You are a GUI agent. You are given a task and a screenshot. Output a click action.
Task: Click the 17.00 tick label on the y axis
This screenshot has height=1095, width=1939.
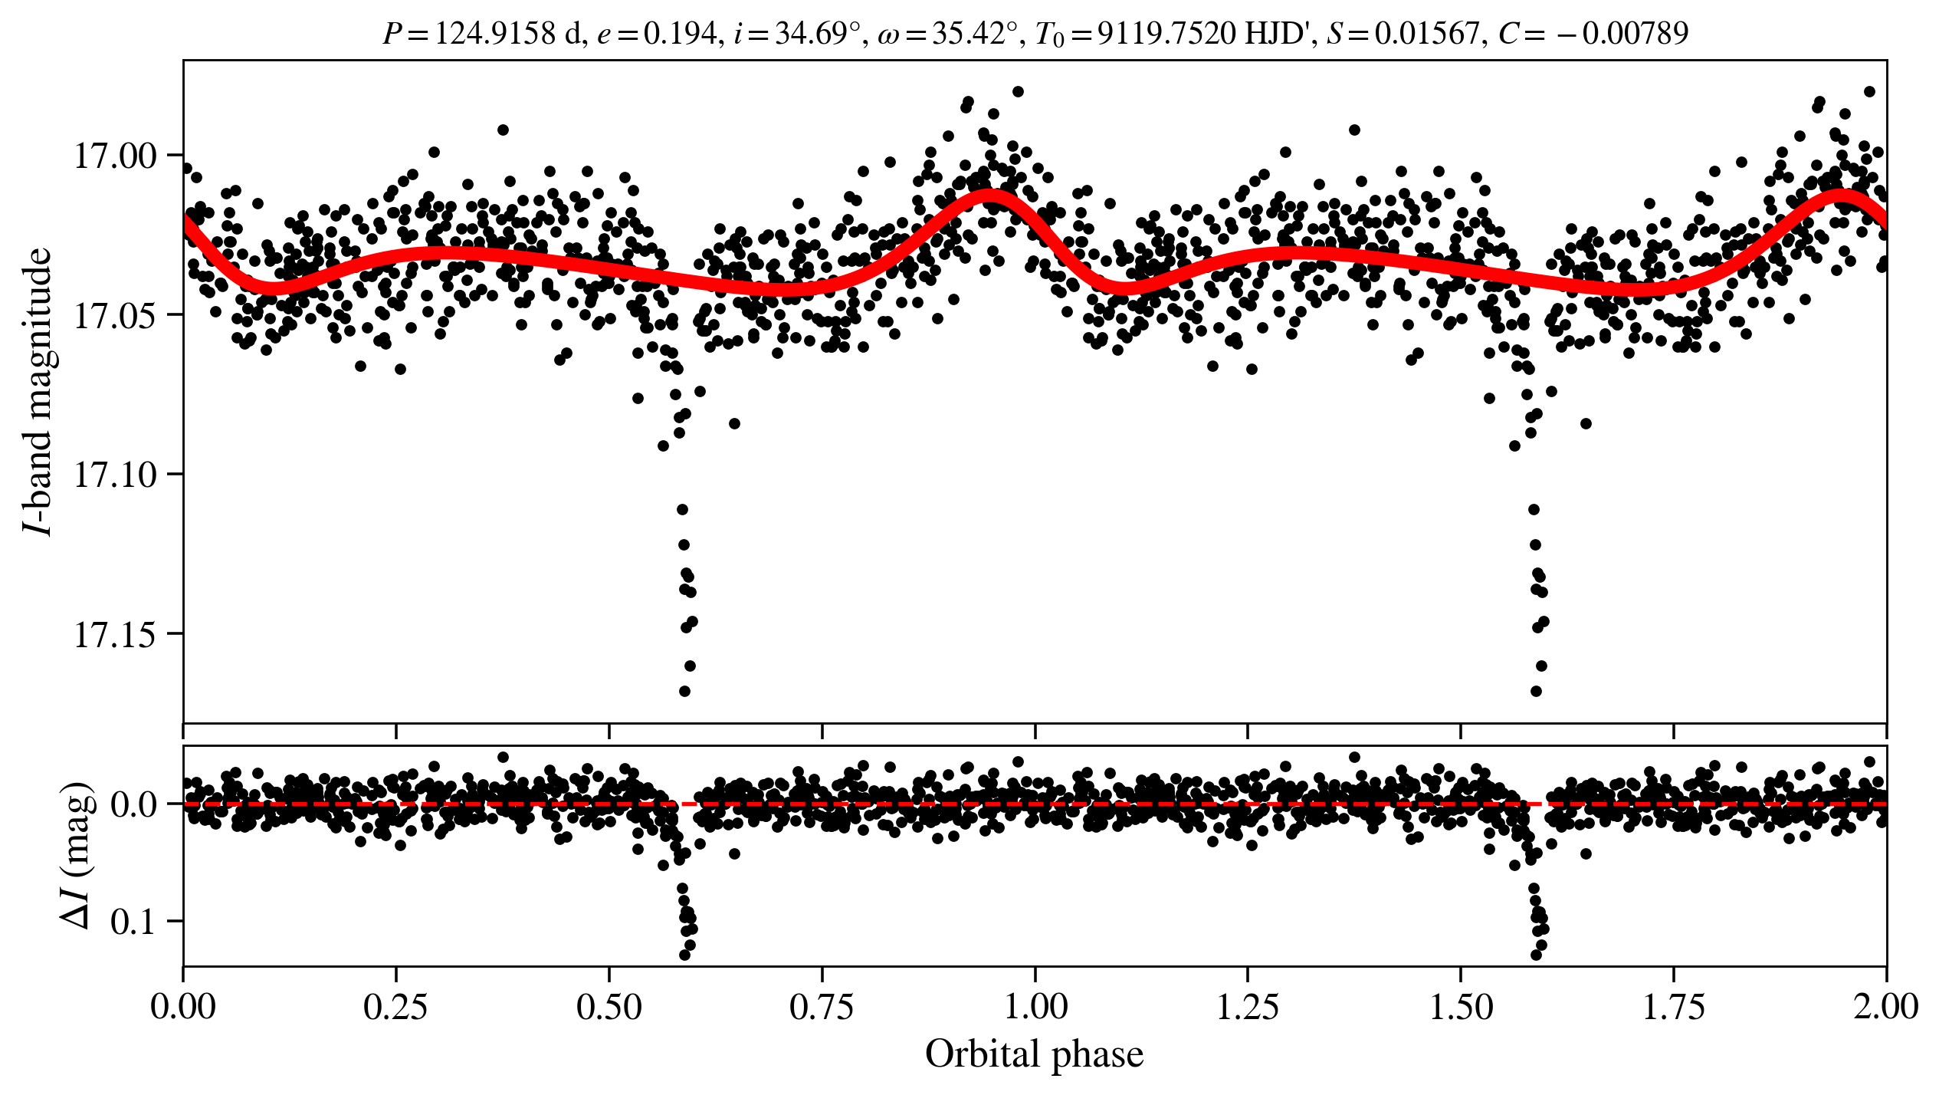click(x=114, y=156)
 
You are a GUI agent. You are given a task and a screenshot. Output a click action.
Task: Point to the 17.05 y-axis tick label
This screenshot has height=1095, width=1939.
click(x=114, y=315)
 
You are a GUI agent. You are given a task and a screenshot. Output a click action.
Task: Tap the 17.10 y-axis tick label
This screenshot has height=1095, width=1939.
click(x=114, y=475)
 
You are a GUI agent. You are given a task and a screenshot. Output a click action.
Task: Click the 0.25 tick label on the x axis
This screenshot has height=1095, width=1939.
click(x=395, y=1007)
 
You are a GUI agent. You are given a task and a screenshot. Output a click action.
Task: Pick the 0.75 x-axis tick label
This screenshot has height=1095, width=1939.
click(x=822, y=1007)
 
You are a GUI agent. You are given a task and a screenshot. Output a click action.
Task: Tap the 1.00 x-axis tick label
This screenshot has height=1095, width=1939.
click(x=1035, y=1007)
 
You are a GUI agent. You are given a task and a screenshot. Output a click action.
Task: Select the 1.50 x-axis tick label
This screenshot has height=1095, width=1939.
click(x=1461, y=1007)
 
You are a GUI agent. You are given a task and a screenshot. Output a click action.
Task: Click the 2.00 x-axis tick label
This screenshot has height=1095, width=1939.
click(x=1885, y=1007)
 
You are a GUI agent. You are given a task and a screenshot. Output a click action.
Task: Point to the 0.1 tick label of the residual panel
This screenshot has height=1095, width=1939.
click(x=133, y=922)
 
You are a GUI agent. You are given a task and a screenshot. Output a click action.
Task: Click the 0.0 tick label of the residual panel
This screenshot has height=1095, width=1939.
click(x=133, y=805)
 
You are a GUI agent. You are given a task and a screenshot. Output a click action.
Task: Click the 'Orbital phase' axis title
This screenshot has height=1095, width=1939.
click(x=1035, y=1054)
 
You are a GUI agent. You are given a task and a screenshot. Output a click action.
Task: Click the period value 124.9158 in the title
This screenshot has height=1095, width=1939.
click(x=495, y=34)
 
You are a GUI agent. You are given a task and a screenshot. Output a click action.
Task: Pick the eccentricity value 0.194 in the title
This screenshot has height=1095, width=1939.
click(x=679, y=34)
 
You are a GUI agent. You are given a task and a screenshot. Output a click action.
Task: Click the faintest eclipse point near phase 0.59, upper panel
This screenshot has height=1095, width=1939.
click(x=684, y=691)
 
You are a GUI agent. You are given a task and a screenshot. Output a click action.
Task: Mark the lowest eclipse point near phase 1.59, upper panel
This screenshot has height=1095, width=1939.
click(x=1536, y=691)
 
